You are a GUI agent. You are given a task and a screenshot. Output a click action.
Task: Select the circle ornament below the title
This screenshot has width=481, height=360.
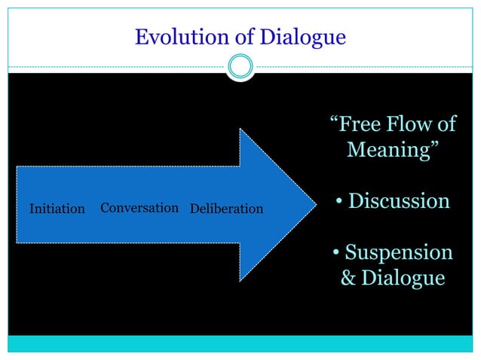coord(240,67)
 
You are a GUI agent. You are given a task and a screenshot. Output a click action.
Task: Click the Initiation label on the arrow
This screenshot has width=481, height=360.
coord(57,209)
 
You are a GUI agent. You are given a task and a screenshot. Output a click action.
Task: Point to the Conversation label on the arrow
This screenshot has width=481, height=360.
coord(139,208)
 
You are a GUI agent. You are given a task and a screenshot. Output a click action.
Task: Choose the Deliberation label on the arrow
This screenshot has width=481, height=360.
coord(226,209)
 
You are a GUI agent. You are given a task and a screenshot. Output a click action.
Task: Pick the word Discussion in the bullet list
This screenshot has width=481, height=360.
coord(399,202)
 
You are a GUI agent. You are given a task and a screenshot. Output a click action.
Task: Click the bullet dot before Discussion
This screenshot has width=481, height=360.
coord(340,203)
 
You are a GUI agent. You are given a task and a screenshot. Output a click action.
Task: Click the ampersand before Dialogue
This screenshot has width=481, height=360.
coord(348,278)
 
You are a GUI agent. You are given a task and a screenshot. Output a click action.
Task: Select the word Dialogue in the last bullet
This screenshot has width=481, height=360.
coord(403,278)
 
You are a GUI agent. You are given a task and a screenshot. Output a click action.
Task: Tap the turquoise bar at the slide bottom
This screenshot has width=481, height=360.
coord(240,343)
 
